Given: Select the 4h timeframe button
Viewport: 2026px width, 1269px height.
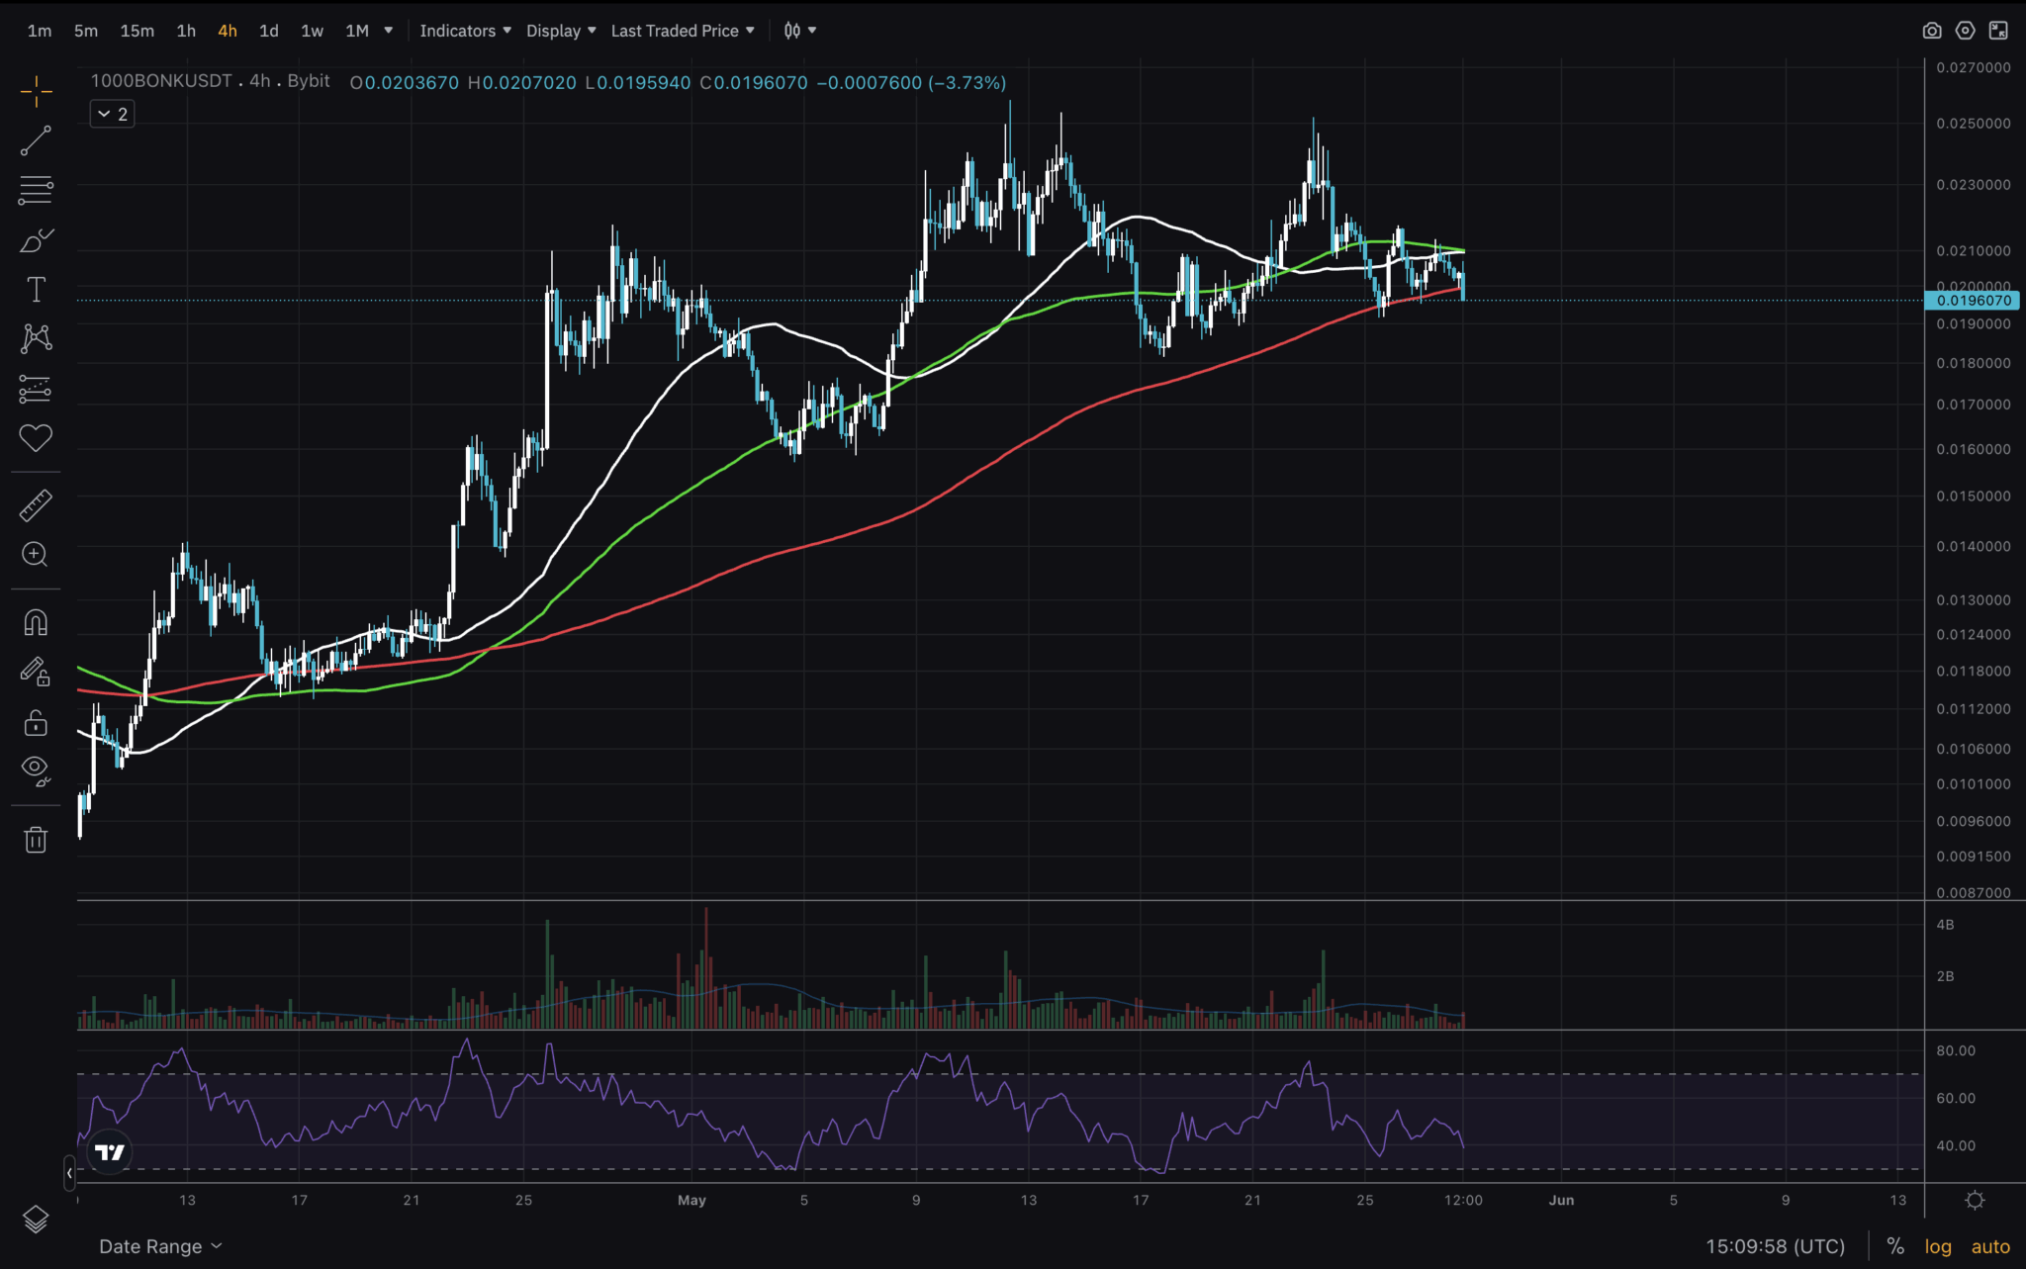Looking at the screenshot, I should [227, 31].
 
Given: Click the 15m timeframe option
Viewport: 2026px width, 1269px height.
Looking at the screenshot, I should [137, 31].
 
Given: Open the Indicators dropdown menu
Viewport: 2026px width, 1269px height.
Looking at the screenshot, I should [465, 31].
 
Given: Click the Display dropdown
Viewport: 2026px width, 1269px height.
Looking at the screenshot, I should [560, 31].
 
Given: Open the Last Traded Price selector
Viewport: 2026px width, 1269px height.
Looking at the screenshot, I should [682, 31].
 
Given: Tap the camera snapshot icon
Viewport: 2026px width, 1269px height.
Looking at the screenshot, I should [1931, 31].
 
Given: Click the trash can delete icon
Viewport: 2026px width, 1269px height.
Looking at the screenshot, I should [36, 840].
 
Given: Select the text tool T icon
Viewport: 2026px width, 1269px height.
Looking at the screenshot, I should [36, 290].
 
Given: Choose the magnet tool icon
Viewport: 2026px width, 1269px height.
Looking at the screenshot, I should [36, 623].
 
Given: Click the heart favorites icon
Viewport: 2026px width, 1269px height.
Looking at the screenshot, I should [36, 437].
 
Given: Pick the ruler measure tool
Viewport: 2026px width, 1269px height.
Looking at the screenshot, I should [36, 505].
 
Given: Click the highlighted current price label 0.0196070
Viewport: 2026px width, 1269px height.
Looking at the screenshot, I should [1974, 301].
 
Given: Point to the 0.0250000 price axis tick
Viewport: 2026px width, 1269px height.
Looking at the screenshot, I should [1973, 124].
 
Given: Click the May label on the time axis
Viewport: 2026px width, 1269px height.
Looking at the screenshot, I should [691, 1200].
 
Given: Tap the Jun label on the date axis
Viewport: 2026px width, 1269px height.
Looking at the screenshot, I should [1561, 1200].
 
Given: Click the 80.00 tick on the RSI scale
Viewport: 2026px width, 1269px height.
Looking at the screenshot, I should [1955, 1050].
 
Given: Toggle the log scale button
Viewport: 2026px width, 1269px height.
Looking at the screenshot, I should [1938, 1246].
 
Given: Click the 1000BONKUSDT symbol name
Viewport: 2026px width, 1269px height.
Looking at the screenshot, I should [161, 81].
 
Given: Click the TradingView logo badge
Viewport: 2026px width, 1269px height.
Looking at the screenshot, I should [110, 1152].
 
